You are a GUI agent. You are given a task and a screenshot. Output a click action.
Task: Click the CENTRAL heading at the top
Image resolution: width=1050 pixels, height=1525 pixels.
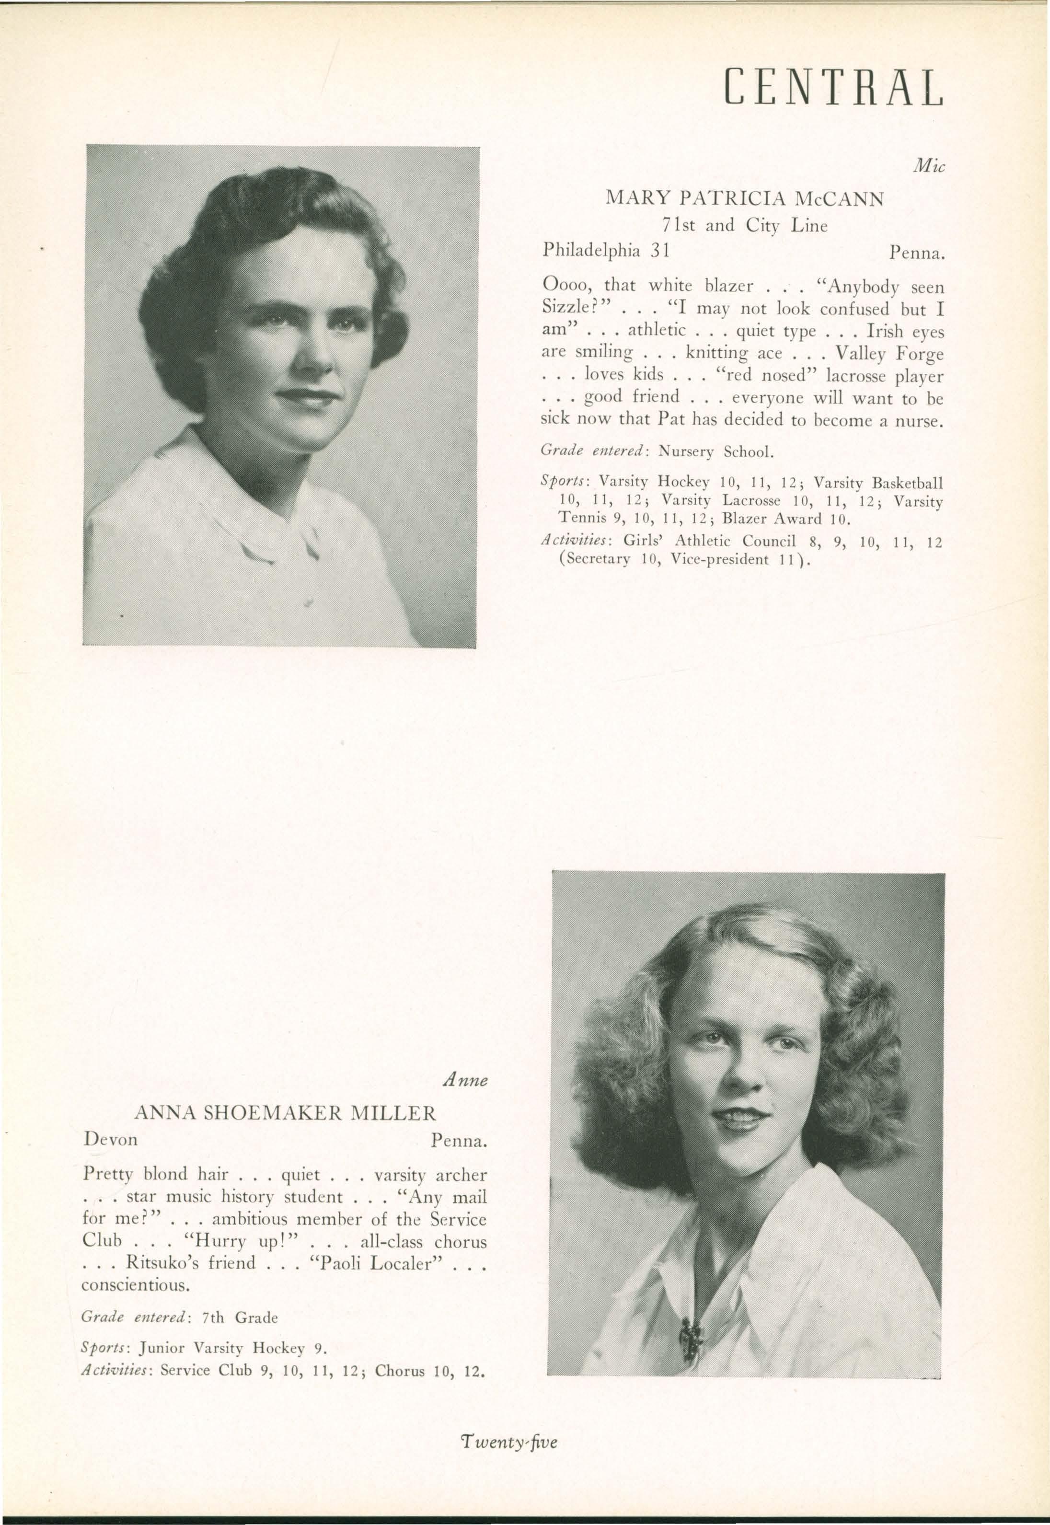pos(833,88)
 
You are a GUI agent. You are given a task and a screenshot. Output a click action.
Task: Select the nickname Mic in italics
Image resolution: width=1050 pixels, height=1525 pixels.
pos(929,168)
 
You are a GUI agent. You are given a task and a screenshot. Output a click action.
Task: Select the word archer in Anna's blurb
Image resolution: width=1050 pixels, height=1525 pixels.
pos(462,1175)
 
